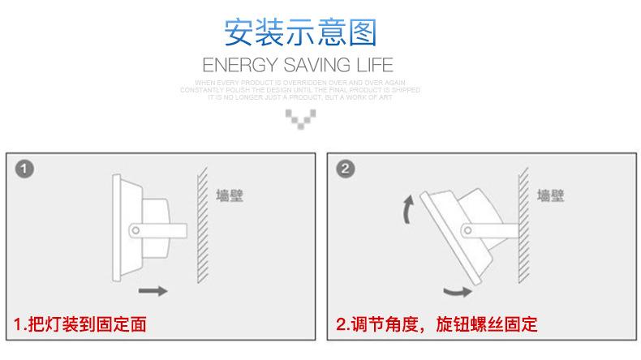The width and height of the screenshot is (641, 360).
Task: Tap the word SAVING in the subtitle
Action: [x=312, y=65]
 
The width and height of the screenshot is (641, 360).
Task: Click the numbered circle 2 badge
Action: [x=346, y=169]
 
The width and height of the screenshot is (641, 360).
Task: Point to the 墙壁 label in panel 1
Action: [x=230, y=195]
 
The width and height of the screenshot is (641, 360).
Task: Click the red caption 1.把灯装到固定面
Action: [x=81, y=326]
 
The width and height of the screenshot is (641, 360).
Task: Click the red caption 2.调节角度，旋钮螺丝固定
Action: [x=437, y=326]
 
